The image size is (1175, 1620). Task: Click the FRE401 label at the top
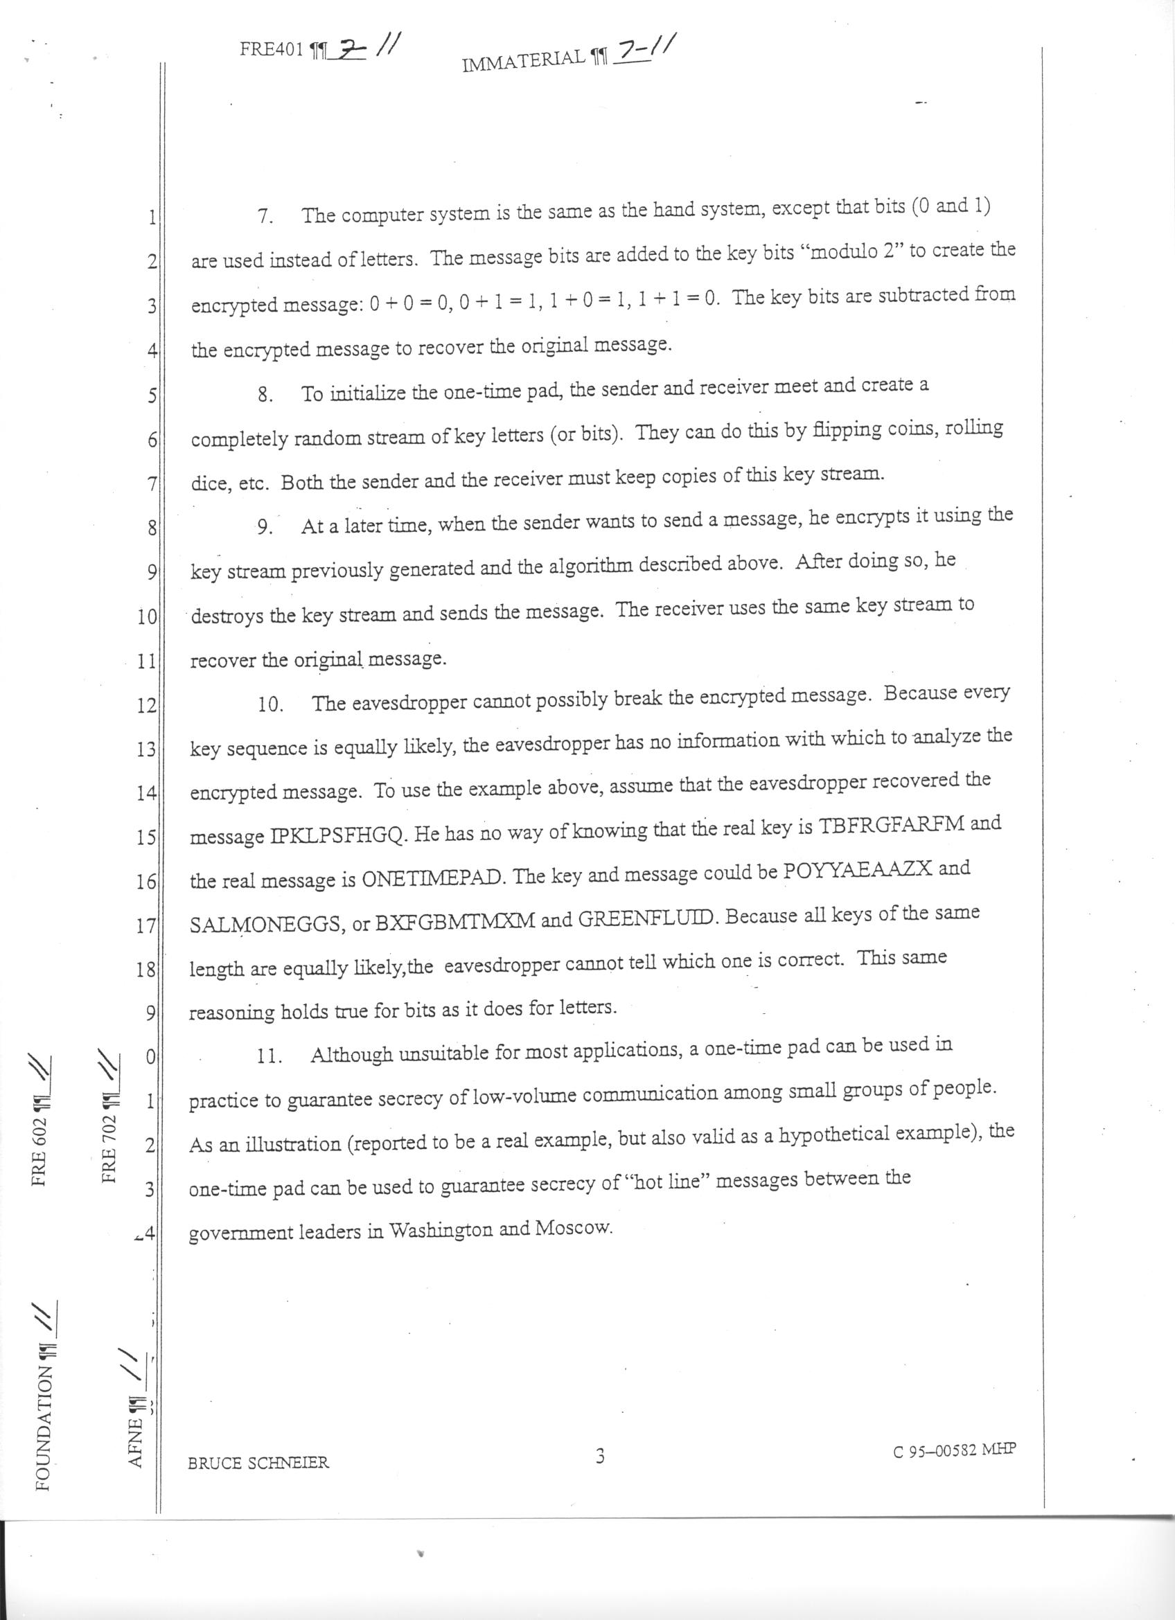pyautogui.click(x=273, y=51)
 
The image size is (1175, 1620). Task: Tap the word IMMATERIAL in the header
pyautogui.click(x=523, y=62)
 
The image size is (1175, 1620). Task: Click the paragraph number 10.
pyautogui.click(x=271, y=705)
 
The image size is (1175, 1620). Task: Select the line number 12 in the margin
pyautogui.click(x=146, y=706)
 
